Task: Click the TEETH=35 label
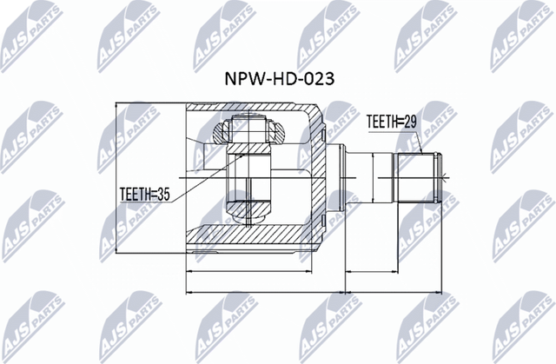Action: [x=144, y=194]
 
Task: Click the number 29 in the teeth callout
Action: [x=410, y=123]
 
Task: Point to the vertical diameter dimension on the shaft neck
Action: [x=374, y=178]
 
